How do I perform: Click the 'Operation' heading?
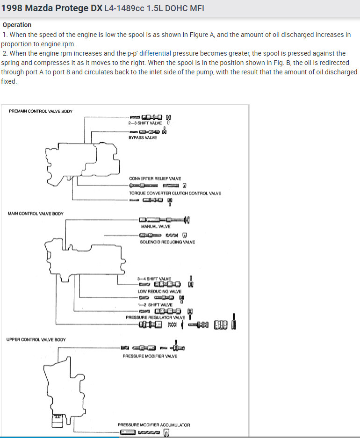pos(17,25)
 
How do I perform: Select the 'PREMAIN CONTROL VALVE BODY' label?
pos(41,111)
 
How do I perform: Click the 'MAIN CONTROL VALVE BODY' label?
pos(36,214)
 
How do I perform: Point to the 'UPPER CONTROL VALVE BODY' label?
pos(36,339)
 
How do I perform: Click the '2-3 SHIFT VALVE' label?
pos(145,123)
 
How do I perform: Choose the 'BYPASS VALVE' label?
pos(143,137)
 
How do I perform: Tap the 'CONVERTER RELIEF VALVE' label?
pos(155,179)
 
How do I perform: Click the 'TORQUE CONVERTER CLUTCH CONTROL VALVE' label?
pos(175,193)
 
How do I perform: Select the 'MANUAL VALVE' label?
pos(156,226)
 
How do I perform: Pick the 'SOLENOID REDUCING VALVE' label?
pos(167,242)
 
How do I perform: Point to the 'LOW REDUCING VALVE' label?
pos(159,291)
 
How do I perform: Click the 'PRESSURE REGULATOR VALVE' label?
pos(156,317)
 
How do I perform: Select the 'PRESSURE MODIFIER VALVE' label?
pos(150,356)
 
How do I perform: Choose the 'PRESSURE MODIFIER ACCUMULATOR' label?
pos(154,425)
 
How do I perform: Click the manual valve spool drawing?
pos(164,220)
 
